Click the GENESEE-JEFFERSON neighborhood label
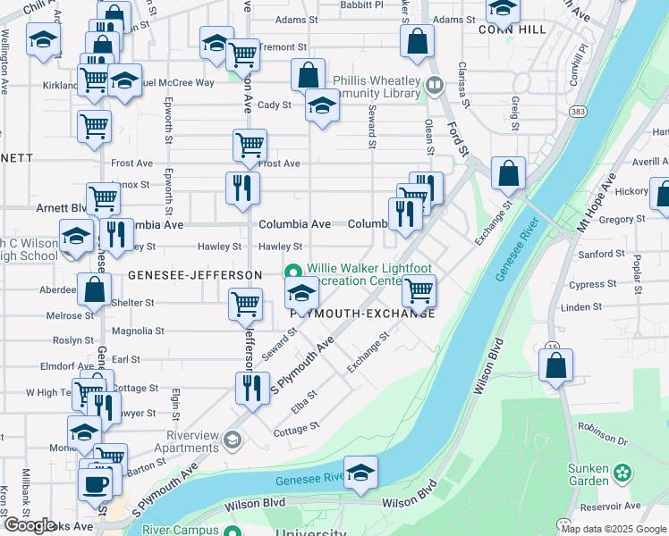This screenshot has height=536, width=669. pyautogui.click(x=195, y=274)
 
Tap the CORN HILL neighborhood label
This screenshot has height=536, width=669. pyautogui.click(x=512, y=29)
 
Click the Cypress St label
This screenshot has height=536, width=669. pyautogui.click(x=588, y=285)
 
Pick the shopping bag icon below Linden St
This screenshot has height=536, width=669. pyautogui.click(x=555, y=364)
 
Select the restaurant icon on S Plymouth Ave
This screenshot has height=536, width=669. pyautogui.click(x=251, y=387)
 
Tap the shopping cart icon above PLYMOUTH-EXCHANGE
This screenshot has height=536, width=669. pyautogui.click(x=418, y=289)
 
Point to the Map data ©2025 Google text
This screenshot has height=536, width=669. pyautogui.click(x=614, y=529)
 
